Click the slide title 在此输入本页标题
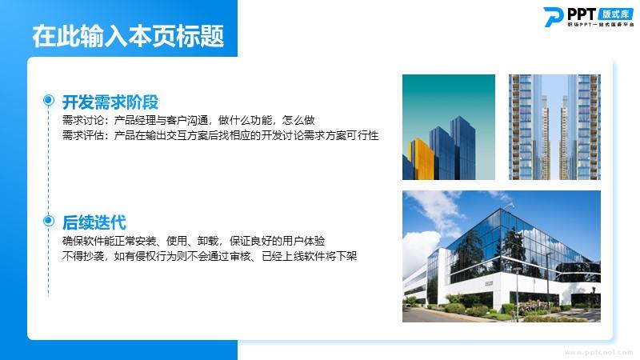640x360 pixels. pos(128,36)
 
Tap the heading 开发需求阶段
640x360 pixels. pos(110,102)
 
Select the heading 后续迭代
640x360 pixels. pos(94,223)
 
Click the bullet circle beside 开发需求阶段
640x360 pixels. pos(49,100)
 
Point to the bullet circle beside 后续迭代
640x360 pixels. pos(49,221)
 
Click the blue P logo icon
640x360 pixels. pos(554,17)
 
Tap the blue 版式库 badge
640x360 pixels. pos(616,14)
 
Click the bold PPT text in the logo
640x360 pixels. pos(582,14)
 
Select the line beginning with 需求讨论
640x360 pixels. pos(188,120)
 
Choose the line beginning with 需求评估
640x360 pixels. pos(221,135)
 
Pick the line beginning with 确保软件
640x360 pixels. pos(194,241)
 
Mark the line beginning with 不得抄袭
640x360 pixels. pos(210,256)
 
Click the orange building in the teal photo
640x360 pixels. pos(422,159)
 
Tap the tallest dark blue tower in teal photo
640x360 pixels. pos(463,148)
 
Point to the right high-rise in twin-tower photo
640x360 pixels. pos(581,127)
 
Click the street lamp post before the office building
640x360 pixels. pos(517,293)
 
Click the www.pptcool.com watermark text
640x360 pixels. pos(598,352)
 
